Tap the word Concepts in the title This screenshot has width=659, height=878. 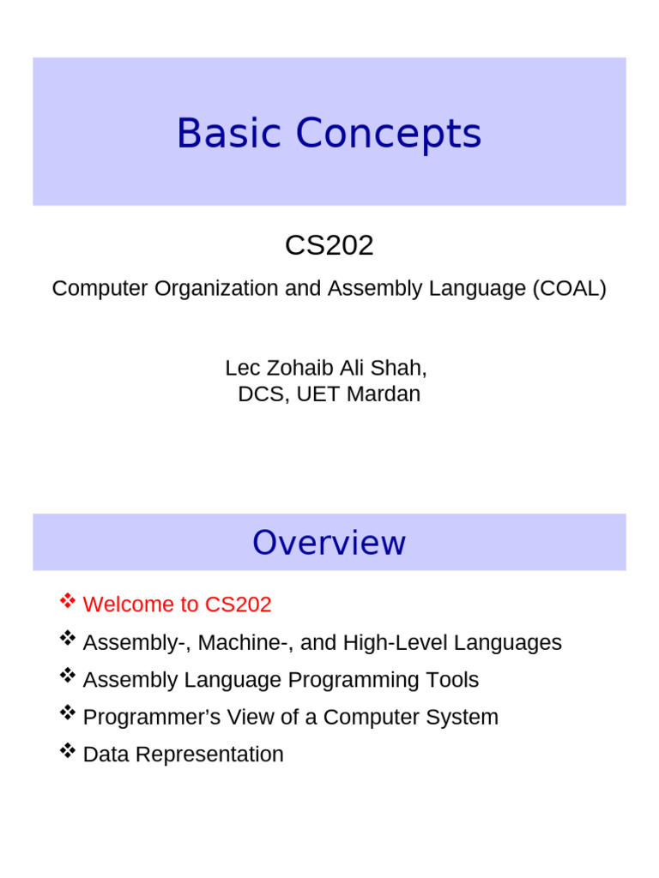point(388,135)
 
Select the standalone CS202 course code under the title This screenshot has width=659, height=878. point(329,246)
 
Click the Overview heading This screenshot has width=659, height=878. point(329,543)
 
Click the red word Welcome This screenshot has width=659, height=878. point(128,604)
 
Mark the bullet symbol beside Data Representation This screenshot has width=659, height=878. point(67,752)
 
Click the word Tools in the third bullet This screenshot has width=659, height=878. point(452,680)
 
